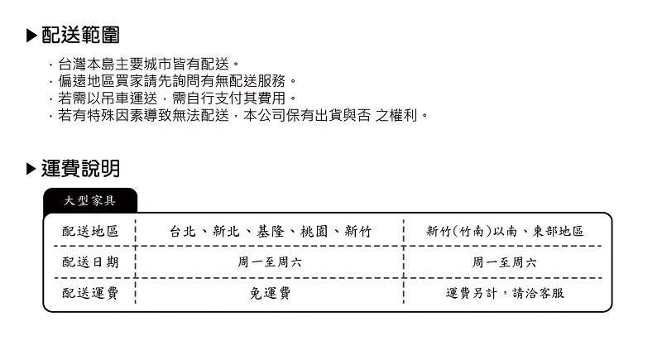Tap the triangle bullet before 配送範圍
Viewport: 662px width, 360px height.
tap(31, 36)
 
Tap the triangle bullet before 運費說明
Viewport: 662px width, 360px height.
tap(31, 170)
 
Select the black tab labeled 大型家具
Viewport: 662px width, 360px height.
tap(90, 201)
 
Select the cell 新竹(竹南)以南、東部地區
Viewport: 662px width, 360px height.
tap(505, 232)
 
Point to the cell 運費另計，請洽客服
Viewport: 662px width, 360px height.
tap(505, 293)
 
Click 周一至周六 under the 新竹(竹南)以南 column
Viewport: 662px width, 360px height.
tap(505, 262)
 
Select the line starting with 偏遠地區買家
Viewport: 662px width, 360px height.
tap(175, 81)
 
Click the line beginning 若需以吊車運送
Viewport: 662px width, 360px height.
tap(175, 98)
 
